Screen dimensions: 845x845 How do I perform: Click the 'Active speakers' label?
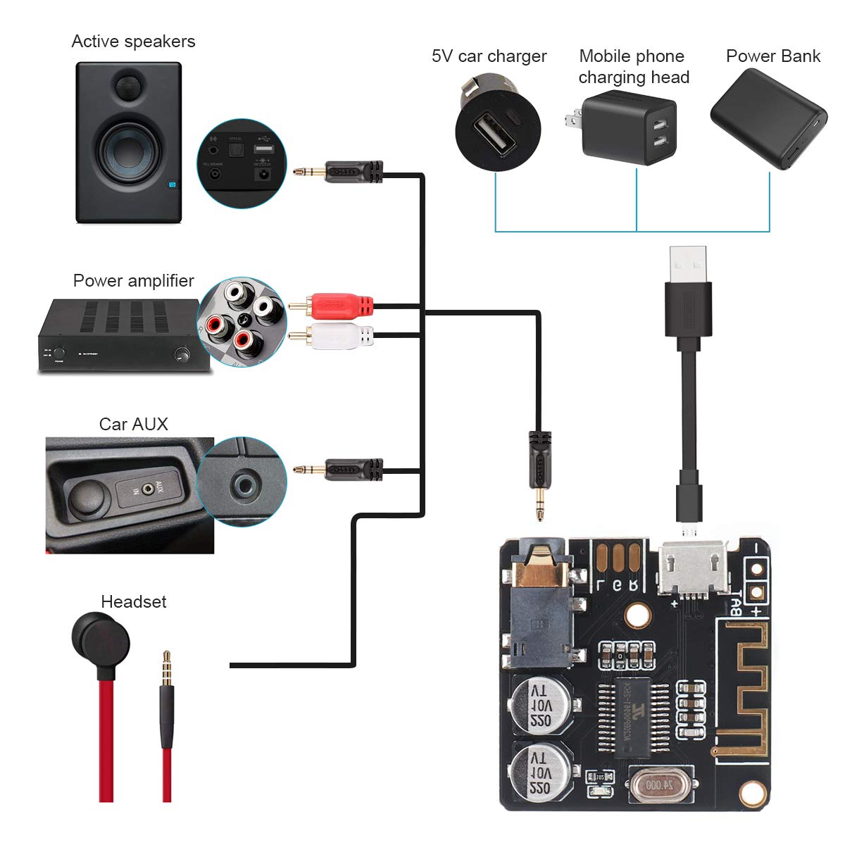tap(133, 42)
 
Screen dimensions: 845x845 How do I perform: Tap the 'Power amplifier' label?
tap(133, 281)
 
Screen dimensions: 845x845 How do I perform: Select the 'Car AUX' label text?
tap(133, 424)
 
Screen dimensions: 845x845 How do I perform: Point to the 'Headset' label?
tap(133, 602)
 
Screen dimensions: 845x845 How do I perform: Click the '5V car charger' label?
tap(489, 56)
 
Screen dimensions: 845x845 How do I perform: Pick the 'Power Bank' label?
tap(772, 56)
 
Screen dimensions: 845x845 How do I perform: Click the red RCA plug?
tap(342, 306)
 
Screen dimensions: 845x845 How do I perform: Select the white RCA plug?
tap(342, 336)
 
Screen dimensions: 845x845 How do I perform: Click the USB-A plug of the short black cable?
tap(687, 271)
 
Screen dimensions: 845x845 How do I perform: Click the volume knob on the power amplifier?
tap(184, 354)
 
